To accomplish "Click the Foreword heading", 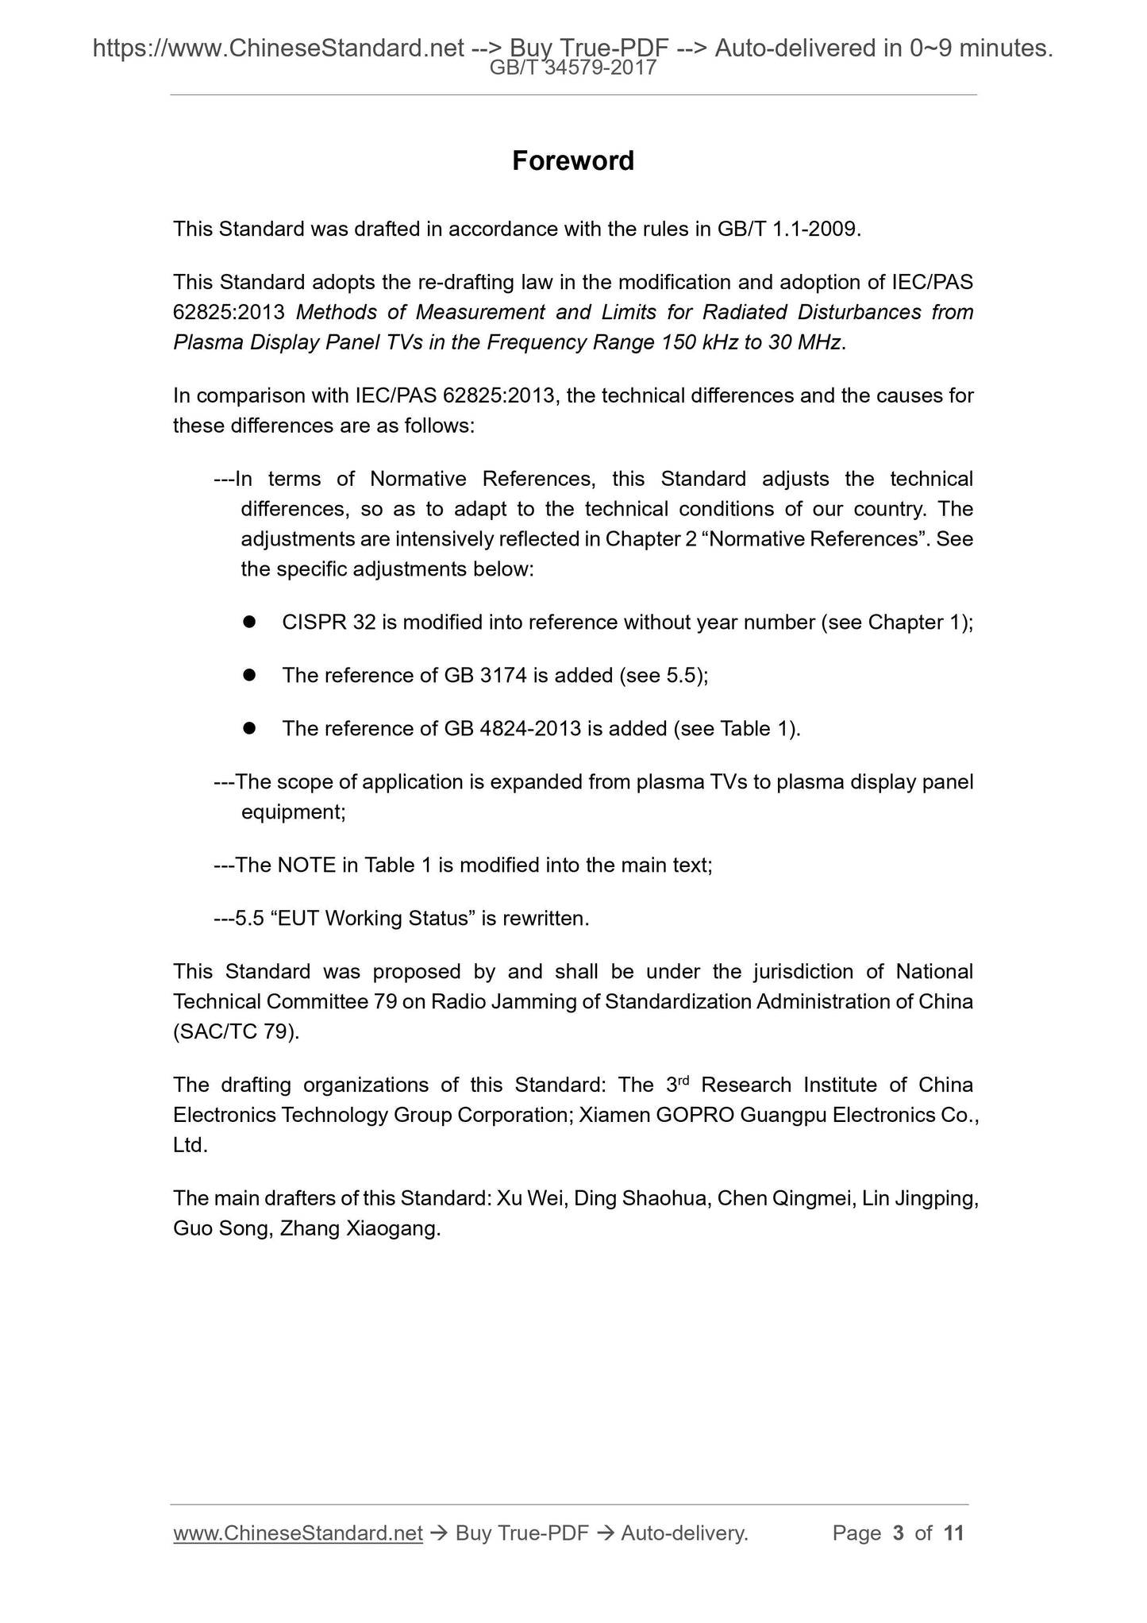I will tap(572, 161).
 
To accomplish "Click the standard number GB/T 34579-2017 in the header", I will tap(572, 68).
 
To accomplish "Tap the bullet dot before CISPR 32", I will tap(248, 622).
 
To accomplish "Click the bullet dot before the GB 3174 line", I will tap(248, 675).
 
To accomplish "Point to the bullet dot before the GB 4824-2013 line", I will tap(248, 728).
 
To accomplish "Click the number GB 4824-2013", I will tap(513, 729).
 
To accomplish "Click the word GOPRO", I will tap(696, 1116).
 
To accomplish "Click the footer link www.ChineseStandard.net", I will tap(298, 1533).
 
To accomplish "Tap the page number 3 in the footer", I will tap(898, 1533).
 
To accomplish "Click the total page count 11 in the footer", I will tap(953, 1533).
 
